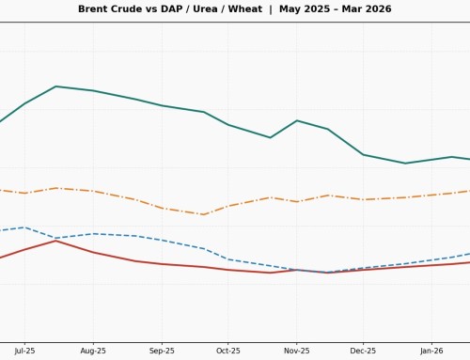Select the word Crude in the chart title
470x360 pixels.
[x=133, y=9]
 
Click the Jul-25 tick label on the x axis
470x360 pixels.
[x=24, y=351]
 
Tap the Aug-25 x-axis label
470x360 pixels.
[x=93, y=351]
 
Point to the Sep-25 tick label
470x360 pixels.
[x=162, y=351]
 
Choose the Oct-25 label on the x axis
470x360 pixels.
[x=228, y=351]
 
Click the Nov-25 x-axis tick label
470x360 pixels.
[x=297, y=351]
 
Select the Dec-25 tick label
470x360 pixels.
[x=364, y=351]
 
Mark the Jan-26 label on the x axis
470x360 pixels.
[x=431, y=351]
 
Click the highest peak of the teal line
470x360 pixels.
[x=56, y=86]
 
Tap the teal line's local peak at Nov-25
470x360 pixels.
[x=297, y=120]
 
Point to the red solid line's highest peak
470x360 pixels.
[x=56, y=241]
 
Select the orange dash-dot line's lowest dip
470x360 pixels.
[x=205, y=214]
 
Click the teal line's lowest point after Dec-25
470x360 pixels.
[x=405, y=164]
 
